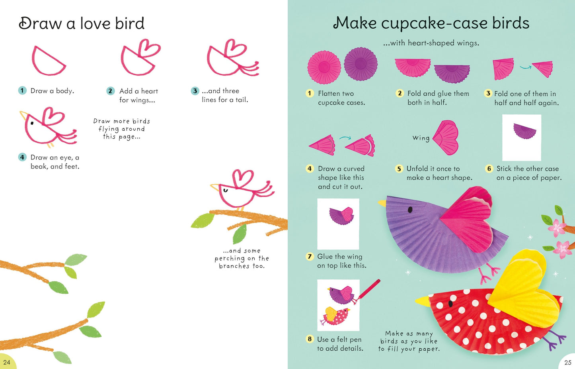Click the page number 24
click(x=7, y=362)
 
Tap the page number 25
click(x=568, y=363)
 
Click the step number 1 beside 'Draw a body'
click(x=22, y=90)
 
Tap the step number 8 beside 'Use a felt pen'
click(x=310, y=339)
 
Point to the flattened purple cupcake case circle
click(x=361, y=64)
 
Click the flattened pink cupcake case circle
click(x=324, y=67)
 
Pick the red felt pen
click(x=369, y=289)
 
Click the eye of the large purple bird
click(x=410, y=209)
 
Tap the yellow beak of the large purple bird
click(x=382, y=203)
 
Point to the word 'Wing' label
click(x=421, y=138)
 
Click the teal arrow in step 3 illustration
click(x=525, y=67)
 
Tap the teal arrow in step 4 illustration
click(x=345, y=138)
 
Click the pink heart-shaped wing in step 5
click(x=446, y=138)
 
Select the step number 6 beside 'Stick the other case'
click(x=489, y=169)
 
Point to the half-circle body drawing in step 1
click(x=48, y=62)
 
